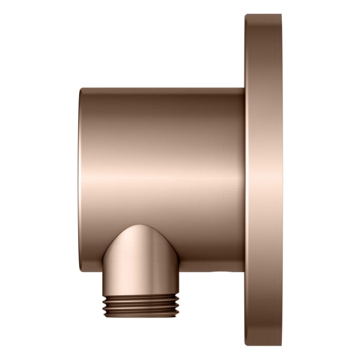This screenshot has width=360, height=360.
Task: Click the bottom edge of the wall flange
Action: click(x=263, y=344)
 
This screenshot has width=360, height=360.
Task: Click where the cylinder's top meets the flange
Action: click(x=244, y=88)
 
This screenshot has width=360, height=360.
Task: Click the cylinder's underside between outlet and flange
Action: click(x=206, y=271)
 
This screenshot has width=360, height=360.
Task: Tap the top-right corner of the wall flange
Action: click(x=280, y=17)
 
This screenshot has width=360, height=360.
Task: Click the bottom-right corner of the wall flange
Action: click(x=280, y=342)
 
